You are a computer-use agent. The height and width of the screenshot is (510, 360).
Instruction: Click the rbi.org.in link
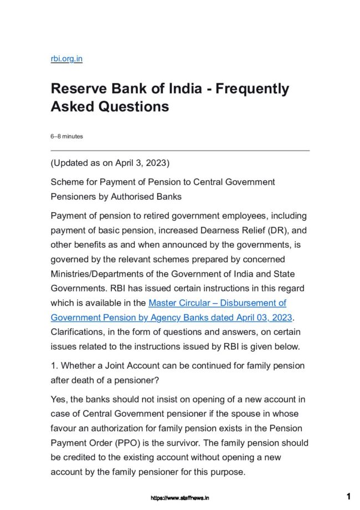click(66, 58)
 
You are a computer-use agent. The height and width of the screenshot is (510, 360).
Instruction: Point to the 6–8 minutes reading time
click(66, 136)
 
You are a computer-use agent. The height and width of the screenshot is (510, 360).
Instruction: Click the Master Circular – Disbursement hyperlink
click(218, 303)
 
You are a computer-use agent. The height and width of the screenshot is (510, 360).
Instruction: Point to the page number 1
click(348, 496)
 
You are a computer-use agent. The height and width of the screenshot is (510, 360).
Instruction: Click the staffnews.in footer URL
click(180, 497)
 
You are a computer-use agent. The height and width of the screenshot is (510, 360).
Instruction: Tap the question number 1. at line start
click(54, 366)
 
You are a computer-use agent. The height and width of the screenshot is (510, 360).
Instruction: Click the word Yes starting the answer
click(59, 399)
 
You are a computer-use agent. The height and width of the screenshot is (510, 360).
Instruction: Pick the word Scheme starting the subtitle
click(66, 182)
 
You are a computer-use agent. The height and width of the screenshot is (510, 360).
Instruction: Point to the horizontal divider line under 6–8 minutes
click(180, 150)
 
